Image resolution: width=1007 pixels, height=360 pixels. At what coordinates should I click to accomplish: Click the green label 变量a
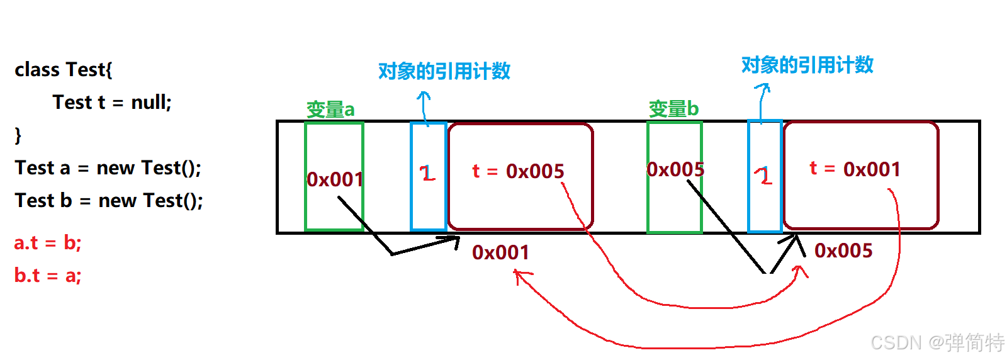click(330, 110)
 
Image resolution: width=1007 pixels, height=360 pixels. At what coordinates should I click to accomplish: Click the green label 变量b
click(673, 109)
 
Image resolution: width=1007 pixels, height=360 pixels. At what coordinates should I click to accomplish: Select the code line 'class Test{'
click(64, 69)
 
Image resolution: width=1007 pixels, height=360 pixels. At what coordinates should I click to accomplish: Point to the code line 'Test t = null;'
click(112, 102)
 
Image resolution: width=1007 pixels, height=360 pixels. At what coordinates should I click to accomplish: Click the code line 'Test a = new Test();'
click(108, 168)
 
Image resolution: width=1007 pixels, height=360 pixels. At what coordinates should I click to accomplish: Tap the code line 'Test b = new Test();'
click(109, 201)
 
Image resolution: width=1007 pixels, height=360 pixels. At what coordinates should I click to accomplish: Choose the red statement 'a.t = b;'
click(48, 243)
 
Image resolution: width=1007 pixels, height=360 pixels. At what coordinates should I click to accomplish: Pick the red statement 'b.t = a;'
click(48, 276)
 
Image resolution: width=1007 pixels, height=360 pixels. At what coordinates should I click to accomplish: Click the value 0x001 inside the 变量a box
click(335, 179)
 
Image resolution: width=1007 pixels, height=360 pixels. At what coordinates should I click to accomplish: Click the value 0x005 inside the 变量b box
click(675, 169)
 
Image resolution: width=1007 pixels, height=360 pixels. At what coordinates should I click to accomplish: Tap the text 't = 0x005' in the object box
click(518, 171)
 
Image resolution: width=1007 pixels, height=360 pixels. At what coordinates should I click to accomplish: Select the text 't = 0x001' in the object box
click(855, 169)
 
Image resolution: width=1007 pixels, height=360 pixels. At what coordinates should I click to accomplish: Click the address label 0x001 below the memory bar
click(500, 252)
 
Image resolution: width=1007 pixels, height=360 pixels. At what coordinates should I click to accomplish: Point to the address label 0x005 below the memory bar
click(843, 250)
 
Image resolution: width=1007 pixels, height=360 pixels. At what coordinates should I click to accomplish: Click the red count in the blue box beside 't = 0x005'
click(428, 173)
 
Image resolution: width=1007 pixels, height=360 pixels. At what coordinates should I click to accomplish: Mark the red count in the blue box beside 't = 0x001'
click(764, 176)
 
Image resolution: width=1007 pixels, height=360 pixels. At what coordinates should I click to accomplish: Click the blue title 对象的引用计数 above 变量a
click(444, 71)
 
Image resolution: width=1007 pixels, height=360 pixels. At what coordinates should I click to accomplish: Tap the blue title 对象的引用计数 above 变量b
click(807, 65)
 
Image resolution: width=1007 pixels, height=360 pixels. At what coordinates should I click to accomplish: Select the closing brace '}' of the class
click(18, 135)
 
